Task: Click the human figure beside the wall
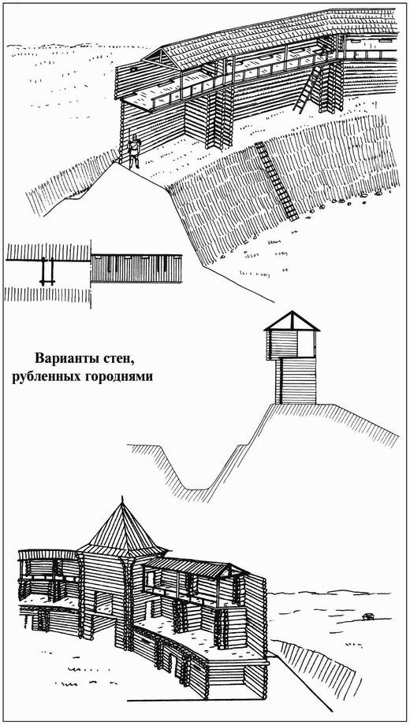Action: (x=133, y=150)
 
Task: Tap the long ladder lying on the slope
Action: (x=277, y=179)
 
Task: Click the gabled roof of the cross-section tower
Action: (x=292, y=322)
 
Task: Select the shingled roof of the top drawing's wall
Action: (x=260, y=39)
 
